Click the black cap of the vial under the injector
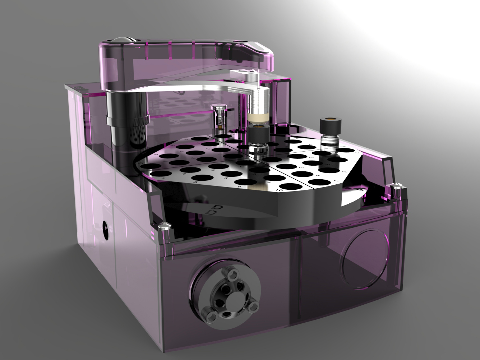258,134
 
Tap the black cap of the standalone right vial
330,126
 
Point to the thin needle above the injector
258,77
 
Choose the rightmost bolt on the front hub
254,306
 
